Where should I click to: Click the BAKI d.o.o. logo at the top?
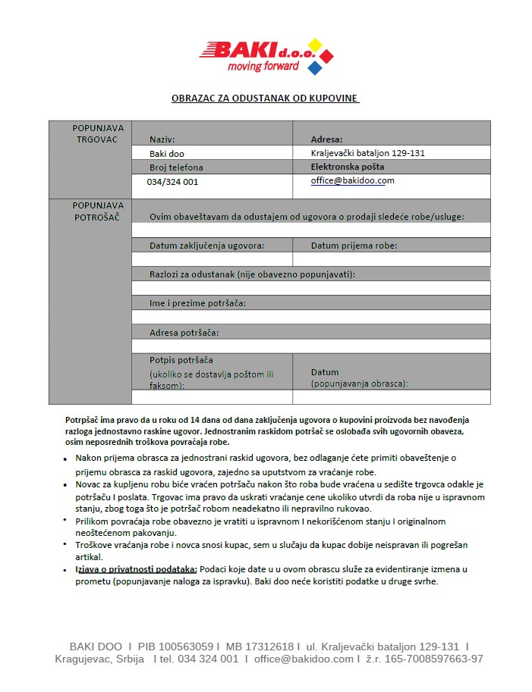pyautogui.click(x=266, y=56)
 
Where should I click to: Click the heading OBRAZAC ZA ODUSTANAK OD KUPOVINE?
pyautogui.click(x=265, y=99)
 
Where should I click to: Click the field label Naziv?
pyautogui.click(x=162, y=139)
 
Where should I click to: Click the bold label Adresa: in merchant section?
pyautogui.click(x=327, y=139)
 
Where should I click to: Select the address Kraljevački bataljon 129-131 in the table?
pyautogui.click(x=368, y=153)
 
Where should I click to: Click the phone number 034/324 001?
pyautogui.click(x=173, y=182)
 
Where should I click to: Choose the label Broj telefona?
pyautogui.click(x=176, y=168)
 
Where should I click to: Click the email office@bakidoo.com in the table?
pyautogui.click(x=353, y=181)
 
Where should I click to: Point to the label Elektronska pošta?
pyautogui.click(x=348, y=167)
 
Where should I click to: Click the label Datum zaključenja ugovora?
pyautogui.click(x=206, y=246)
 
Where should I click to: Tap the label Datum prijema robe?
pyautogui.click(x=354, y=246)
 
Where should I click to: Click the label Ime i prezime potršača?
pyautogui.click(x=197, y=303)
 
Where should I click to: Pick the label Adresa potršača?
pyautogui.click(x=184, y=333)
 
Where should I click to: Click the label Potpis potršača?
pyautogui.click(x=181, y=360)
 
